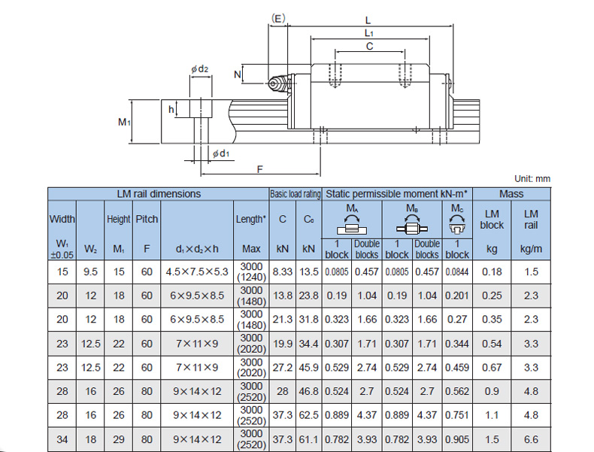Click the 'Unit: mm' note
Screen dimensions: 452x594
pos(532,179)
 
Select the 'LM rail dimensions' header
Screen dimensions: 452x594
pos(159,194)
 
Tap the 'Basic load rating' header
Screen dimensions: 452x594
pos(295,194)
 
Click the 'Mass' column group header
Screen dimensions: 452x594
pos(511,194)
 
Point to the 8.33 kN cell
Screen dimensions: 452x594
pos(283,272)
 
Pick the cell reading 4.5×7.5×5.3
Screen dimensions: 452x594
pos(196,272)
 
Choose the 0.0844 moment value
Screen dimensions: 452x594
pos(457,272)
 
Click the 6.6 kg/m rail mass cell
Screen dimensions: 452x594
pos(532,438)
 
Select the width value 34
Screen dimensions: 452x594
pos(62,438)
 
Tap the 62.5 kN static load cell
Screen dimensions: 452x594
pos(308,414)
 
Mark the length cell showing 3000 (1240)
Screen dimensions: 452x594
pos(250,272)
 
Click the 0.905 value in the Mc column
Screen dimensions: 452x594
pos(457,438)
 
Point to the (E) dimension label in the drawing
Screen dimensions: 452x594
pos(277,18)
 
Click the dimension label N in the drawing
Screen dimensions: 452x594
pos(238,74)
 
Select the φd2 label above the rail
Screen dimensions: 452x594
pos(199,70)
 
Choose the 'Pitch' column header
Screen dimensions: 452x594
pos(147,220)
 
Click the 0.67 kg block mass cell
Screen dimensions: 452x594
pos(492,367)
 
